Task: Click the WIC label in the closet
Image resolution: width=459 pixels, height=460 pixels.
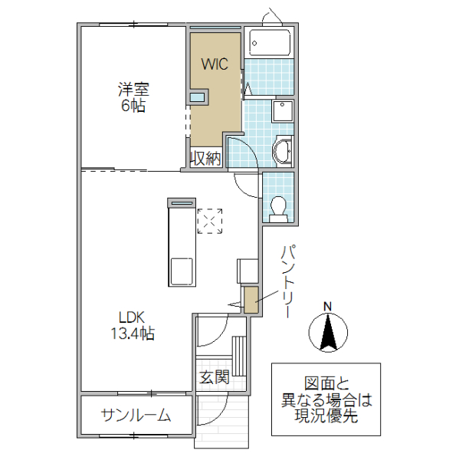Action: (x=215, y=65)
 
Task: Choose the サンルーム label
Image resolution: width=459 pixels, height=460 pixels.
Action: (x=136, y=416)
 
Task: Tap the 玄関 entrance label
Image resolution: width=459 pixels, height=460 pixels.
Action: (x=215, y=376)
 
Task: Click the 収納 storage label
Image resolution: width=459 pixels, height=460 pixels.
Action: (x=206, y=159)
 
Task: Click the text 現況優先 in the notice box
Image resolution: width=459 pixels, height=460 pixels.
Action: (x=326, y=417)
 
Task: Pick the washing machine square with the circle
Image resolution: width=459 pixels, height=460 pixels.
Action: (x=283, y=111)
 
